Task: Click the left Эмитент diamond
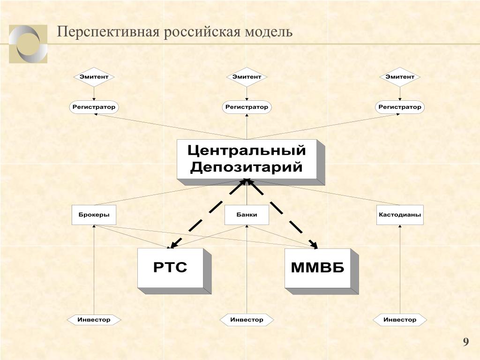click(x=94, y=77)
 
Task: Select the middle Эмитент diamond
click(x=247, y=77)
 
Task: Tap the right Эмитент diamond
click(x=400, y=77)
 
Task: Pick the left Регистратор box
click(x=94, y=107)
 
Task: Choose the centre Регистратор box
click(x=247, y=107)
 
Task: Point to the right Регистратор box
click(x=400, y=107)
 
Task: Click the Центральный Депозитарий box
click(x=247, y=159)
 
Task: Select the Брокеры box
click(x=94, y=215)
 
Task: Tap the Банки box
click(x=247, y=215)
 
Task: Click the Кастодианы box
click(x=400, y=215)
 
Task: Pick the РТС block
click(x=170, y=268)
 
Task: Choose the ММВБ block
click(x=317, y=268)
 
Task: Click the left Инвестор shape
click(x=94, y=320)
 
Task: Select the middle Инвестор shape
click(x=247, y=320)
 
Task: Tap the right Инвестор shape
click(x=400, y=320)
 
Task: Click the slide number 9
click(x=465, y=342)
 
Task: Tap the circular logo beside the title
click(x=28, y=44)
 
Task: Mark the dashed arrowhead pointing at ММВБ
click(x=313, y=244)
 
